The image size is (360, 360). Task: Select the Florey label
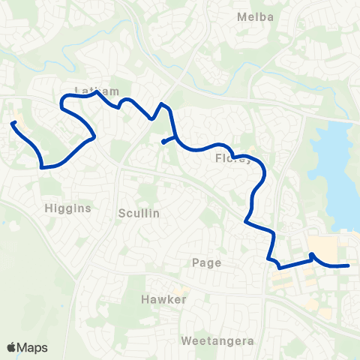point(230,158)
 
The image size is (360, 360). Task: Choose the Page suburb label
point(205,262)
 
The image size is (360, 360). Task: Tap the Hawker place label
point(163,299)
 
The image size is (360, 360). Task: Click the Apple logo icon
point(12,346)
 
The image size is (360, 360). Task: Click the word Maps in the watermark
point(34,346)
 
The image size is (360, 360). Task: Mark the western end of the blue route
point(13,122)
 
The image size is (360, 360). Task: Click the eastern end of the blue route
point(348,265)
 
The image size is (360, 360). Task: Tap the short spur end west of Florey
point(163,142)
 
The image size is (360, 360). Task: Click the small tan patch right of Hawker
point(180,290)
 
